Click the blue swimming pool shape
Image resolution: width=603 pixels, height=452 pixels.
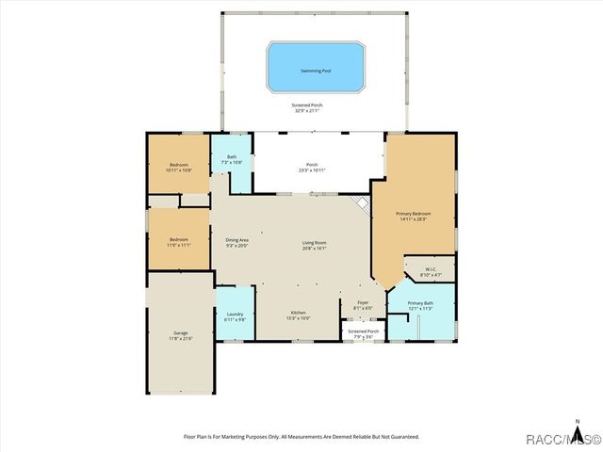tap(316, 65)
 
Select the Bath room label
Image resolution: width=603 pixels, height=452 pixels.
tap(232, 159)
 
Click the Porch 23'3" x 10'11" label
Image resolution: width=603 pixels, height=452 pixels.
tap(312, 167)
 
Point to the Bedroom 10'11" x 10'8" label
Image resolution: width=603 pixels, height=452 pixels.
tap(179, 167)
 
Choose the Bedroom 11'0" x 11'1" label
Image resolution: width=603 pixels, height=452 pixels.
tap(179, 242)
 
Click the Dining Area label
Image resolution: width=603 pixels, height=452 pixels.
tap(236, 242)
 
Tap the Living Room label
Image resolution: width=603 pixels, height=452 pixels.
tap(314, 246)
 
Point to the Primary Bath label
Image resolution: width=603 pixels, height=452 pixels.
tap(419, 304)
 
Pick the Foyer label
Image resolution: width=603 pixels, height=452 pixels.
tap(363, 304)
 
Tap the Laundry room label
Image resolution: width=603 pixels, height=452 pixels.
tap(236, 316)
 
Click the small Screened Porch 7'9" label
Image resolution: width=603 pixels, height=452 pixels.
tap(364, 333)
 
